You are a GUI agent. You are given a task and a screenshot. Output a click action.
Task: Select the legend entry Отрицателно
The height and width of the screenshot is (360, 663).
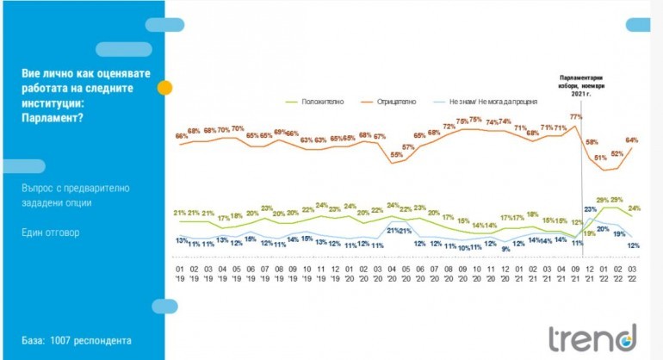click(x=396, y=102)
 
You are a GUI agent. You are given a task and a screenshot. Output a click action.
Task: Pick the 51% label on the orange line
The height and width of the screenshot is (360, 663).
click(x=601, y=158)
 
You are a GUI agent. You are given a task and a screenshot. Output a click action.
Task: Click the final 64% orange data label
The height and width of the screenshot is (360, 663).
click(x=631, y=140)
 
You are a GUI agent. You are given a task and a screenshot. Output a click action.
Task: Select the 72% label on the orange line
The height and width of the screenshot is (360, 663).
click(x=449, y=127)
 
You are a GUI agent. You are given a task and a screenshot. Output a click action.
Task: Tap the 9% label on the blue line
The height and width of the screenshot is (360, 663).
click(x=505, y=249)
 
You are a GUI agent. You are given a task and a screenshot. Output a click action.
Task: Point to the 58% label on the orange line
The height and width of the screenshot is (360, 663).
click(x=592, y=140)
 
